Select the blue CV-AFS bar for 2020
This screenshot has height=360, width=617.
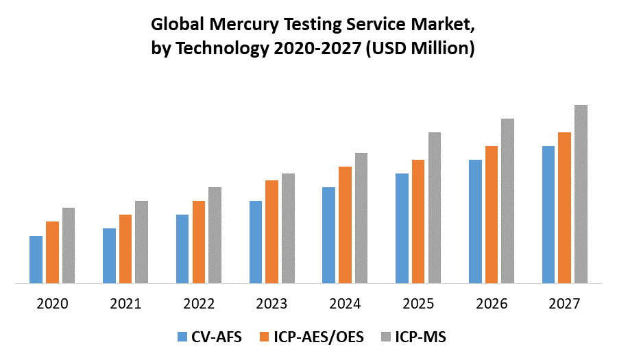pos(36,259)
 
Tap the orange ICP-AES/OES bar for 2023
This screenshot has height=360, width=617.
pos(271,232)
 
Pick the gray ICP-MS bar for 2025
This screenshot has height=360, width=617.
pos(435,208)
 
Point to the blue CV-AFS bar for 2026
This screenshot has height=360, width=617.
pos(475,221)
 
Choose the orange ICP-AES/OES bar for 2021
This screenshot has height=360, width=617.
pos(125,249)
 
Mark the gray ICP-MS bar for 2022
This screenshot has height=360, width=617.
pos(215,235)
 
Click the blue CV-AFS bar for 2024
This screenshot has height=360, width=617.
pos(328,235)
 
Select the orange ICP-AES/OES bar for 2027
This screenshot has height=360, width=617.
pos(564,208)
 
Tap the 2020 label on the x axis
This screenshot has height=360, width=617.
pos(52,303)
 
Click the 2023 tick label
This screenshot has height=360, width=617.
pos(271,303)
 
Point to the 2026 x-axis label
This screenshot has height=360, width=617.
pos(491,303)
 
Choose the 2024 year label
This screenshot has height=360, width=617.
pos(345,303)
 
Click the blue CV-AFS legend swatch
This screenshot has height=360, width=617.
pos(182,337)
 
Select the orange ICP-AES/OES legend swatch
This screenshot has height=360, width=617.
pos(265,337)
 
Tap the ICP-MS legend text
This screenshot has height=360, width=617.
pos(422,337)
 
